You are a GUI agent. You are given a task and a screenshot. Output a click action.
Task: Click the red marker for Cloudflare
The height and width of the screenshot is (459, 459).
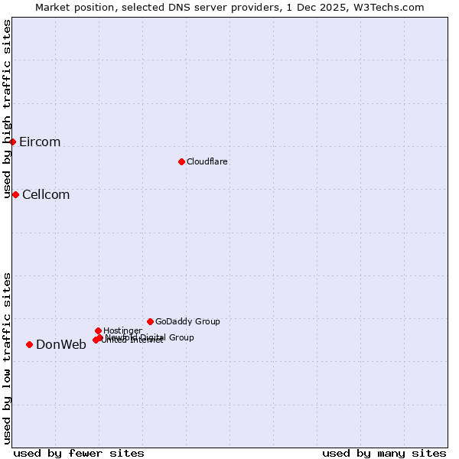coord(181,161)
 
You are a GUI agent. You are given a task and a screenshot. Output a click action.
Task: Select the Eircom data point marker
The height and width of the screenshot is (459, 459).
coord(13,142)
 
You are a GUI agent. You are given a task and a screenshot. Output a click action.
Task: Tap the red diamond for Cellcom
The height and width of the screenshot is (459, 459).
coord(15,194)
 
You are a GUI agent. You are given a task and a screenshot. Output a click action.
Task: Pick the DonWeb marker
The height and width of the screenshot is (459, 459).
coord(30,344)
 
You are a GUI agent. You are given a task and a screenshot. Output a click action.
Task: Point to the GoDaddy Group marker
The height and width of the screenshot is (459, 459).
coord(150,321)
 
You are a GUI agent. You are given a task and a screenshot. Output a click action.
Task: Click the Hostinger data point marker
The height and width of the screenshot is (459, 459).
coord(98,330)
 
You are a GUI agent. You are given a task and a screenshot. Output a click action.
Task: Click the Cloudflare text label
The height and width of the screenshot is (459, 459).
coord(207,161)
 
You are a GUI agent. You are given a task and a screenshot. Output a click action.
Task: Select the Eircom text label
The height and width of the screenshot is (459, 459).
coord(40,142)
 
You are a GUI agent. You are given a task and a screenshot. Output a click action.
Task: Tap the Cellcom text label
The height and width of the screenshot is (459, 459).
coord(46,195)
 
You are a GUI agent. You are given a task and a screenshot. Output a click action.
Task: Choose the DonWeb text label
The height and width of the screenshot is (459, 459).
coord(61,345)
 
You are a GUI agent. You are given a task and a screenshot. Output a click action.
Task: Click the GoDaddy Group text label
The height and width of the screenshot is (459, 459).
coord(187,321)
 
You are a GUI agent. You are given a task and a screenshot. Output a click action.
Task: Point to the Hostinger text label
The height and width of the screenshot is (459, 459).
coord(122,330)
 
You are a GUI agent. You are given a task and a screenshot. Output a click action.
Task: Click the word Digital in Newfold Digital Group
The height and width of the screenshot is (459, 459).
coord(154,337)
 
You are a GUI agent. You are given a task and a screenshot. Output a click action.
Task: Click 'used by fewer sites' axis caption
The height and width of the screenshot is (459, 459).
coord(79,453)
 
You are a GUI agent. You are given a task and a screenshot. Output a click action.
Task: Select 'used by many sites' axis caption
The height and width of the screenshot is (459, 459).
coord(384,453)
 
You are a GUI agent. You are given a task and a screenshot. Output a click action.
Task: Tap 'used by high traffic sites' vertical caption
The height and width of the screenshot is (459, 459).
coord(8,109)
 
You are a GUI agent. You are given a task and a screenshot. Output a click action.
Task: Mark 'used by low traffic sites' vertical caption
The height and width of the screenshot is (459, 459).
coord(8,357)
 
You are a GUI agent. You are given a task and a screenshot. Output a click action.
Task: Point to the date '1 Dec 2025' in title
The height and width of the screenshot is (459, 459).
coord(329,7)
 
